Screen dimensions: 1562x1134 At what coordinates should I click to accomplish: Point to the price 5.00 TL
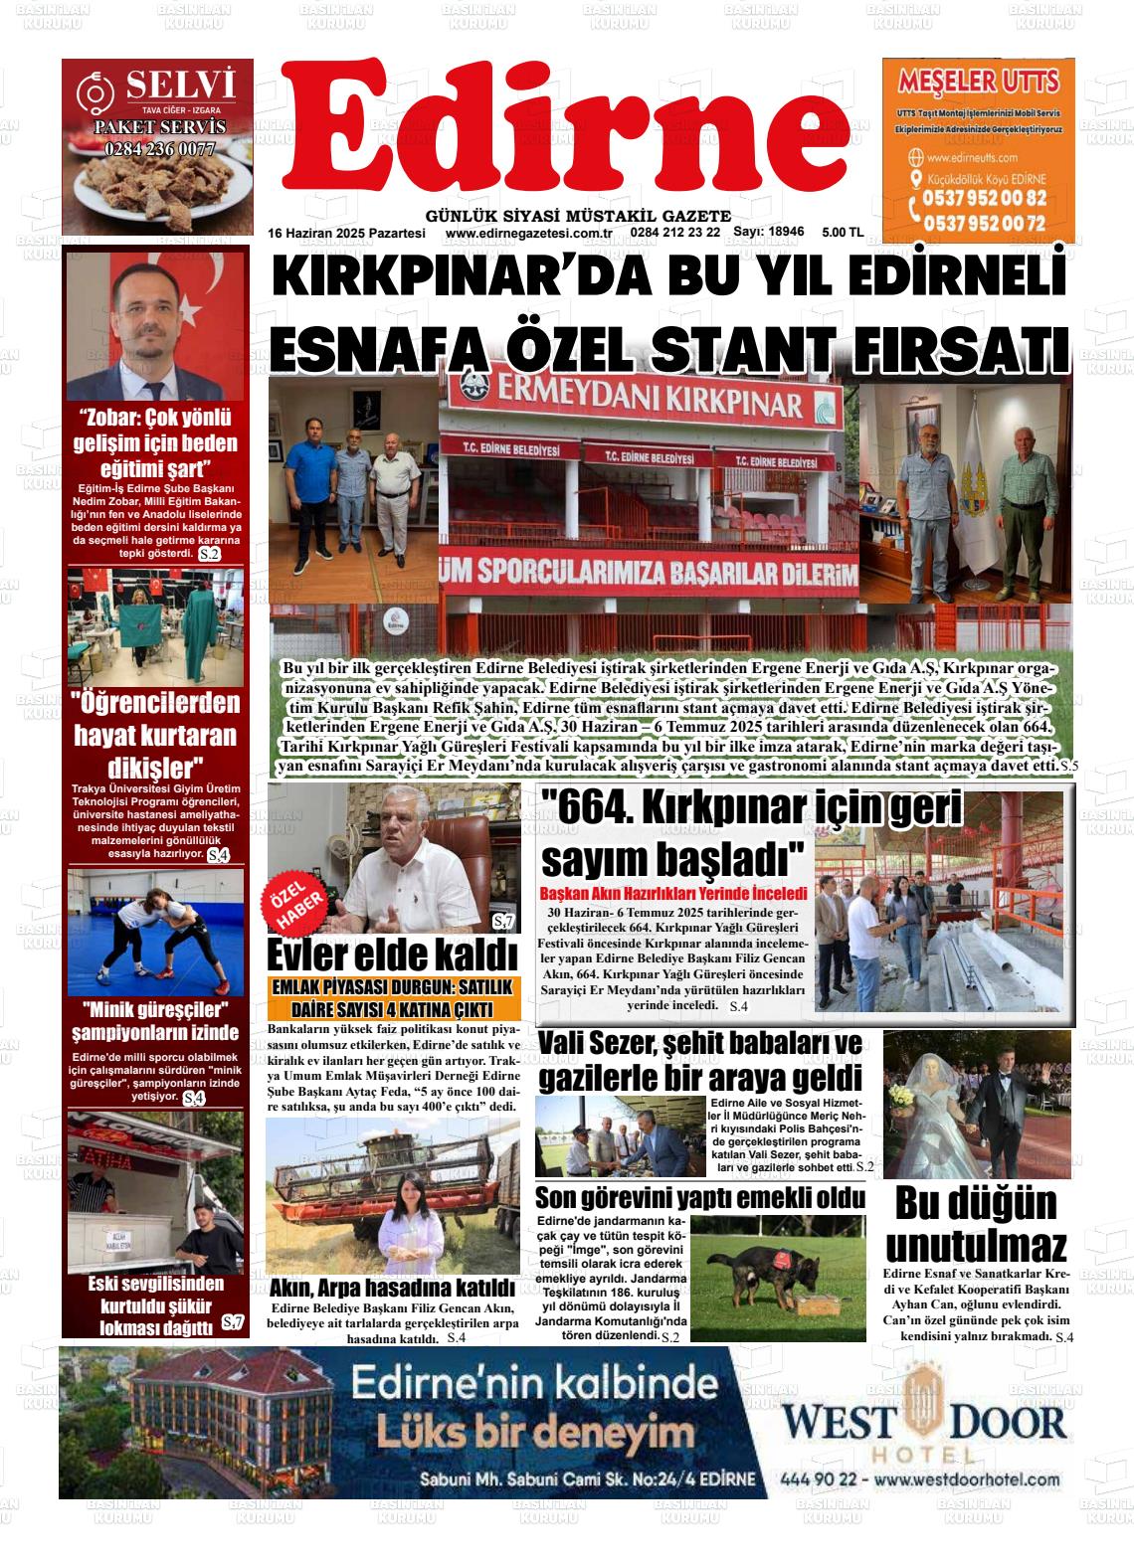pyautogui.click(x=842, y=232)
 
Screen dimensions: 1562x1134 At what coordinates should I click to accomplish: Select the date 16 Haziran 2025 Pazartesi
pyautogui.click(x=346, y=233)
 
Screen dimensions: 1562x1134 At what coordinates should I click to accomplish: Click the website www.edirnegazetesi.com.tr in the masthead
pyautogui.click(x=527, y=233)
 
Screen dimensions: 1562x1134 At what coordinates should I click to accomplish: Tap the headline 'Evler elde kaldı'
pyautogui.click(x=392, y=955)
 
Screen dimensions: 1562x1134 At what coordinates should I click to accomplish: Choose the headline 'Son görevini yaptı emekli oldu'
pyautogui.click(x=699, y=1197)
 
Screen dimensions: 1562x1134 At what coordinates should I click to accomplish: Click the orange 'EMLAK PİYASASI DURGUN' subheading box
pyautogui.click(x=392, y=997)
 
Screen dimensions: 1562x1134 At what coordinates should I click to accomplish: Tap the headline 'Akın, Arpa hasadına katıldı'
pyautogui.click(x=392, y=1289)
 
